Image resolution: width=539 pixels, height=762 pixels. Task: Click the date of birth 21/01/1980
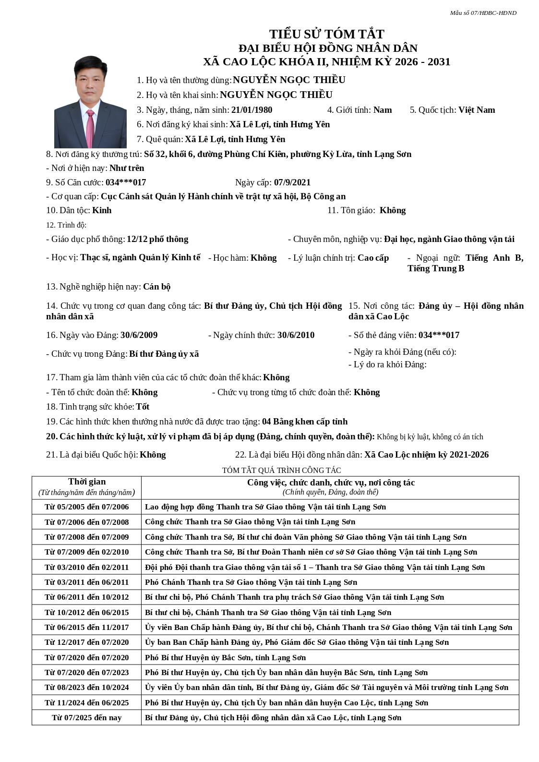[252, 110]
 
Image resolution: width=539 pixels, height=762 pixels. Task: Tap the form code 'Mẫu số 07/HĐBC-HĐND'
[483, 13]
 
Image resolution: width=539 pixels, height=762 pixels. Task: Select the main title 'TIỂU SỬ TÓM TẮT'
[326, 34]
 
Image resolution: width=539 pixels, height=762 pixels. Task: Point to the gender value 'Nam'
[383, 110]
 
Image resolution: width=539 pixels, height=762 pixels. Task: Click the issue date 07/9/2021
[292, 182]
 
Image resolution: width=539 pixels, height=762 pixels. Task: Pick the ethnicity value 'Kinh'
[102, 210]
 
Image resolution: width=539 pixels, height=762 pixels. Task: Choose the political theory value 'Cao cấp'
[373, 258]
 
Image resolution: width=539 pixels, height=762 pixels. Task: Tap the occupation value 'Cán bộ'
[157, 287]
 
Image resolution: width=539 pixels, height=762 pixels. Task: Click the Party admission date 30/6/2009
[139, 335]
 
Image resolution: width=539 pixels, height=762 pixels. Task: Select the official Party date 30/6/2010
[296, 335]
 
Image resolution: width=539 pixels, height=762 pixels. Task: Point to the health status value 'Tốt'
[143, 407]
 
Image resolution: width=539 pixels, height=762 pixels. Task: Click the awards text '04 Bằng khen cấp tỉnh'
[305, 422]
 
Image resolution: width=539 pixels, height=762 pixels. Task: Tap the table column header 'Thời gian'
[87, 482]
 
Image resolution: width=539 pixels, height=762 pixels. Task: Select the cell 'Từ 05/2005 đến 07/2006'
[87, 507]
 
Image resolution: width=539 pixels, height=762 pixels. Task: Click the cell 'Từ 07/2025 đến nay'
[87, 718]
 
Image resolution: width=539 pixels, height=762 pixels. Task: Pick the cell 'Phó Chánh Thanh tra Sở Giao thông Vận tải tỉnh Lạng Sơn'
[251, 582]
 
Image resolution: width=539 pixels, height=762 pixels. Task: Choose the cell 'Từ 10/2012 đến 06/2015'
[87, 613]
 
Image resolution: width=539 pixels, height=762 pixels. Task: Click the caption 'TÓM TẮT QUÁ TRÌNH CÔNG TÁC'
[281, 470]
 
